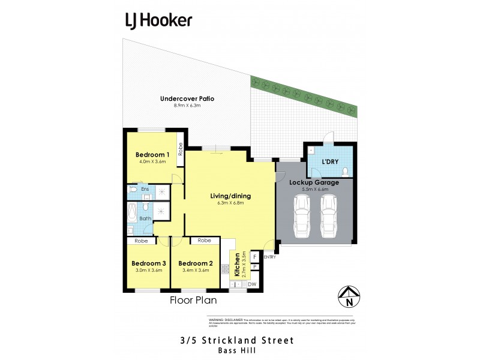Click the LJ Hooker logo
tap(158, 20)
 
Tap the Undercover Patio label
tap(187, 99)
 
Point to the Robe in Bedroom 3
tap(141, 241)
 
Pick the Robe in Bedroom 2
tap(204, 241)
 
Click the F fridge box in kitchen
tap(254, 256)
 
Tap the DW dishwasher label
tap(252, 284)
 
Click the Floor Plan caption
tap(193, 300)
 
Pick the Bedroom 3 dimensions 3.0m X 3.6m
tap(148, 271)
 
